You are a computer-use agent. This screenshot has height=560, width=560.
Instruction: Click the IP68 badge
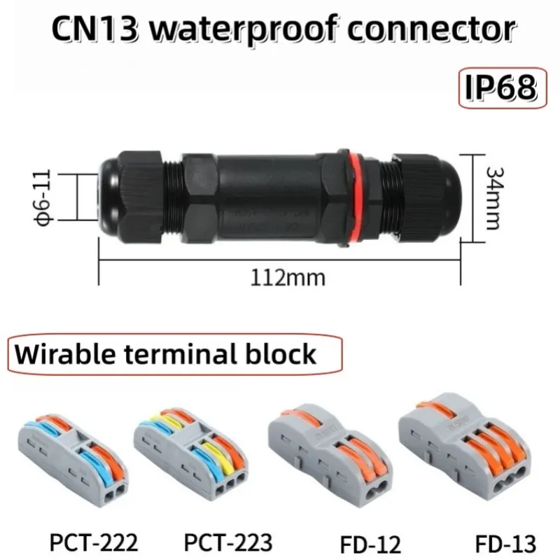[x=503, y=88]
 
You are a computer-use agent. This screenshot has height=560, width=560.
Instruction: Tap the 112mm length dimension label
[x=288, y=278]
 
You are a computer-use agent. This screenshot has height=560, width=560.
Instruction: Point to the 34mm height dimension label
[x=496, y=198]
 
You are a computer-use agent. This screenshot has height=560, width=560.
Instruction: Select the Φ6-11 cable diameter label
[x=44, y=197]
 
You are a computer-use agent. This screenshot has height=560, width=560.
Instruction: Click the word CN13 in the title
[x=94, y=29]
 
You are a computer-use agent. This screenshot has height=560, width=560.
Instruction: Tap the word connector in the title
[x=431, y=29]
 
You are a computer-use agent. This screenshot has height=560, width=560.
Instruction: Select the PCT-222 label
[x=94, y=542]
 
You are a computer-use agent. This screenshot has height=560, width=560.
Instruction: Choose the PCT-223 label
[x=228, y=542]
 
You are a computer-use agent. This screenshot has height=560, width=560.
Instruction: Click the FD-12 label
[x=370, y=545]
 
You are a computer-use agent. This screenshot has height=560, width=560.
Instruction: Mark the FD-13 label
[x=505, y=544]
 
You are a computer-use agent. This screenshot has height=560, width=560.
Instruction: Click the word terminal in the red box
[x=182, y=354]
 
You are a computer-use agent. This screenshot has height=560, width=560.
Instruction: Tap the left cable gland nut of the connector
[x=141, y=197]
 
